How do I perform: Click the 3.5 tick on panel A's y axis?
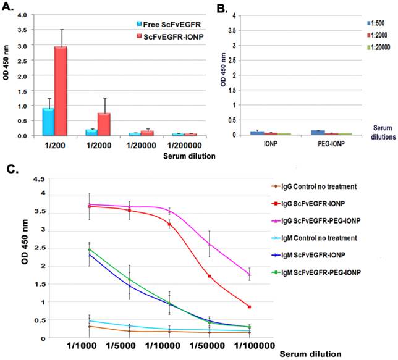click(x=20, y=29)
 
